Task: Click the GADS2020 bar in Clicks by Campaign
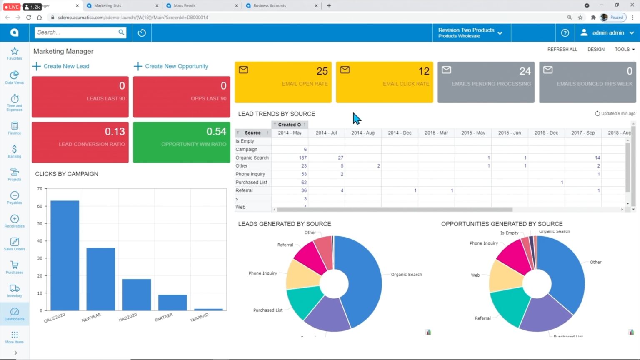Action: pyautogui.click(x=65, y=255)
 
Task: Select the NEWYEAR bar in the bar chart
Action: pyautogui.click(x=100, y=278)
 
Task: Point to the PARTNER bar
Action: pyautogui.click(x=172, y=302)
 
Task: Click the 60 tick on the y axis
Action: pyautogui.click(x=40, y=206)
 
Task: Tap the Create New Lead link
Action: pyautogui.click(x=66, y=66)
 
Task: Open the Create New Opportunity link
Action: pyautogui.click(x=176, y=66)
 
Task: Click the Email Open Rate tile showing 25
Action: pyautogui.click(x=283, y=82)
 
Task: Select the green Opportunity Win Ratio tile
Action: pyautogui.click(x=181, y=142)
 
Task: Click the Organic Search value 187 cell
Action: pyautogui.click(x=302, y=157)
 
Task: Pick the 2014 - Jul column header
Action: pyautogui.click(x=326, y=132)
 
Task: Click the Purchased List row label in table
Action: pyautogui.click(x=251, y=182)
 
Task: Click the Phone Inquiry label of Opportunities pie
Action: pyautogui.click(x=483, y=243)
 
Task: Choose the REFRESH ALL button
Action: pyautogui.click(x=562, y=49)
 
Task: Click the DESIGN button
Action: pyautogui.click(x=596, y=49)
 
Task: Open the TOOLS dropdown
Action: pyautogui.click(x=624, y=49)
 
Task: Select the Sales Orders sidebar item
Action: pyautogui.click(x=15, y=244)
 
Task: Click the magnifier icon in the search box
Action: pyautogui.click(x=121, y=32)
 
